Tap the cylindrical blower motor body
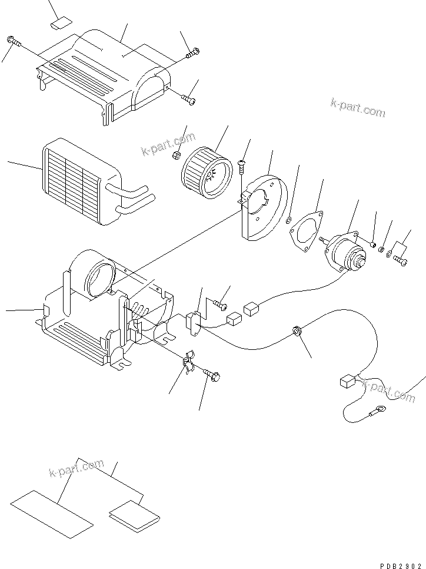tap(347, 250)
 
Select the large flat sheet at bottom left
tap(52, 512)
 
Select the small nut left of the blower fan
tap(176, 156)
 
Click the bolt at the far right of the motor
tap(401, 259)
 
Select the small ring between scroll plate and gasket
tap(288, 220)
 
